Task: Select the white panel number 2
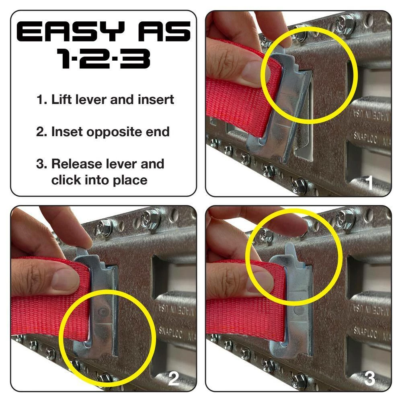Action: (x=173, y=378)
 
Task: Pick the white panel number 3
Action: (x=369, y=378)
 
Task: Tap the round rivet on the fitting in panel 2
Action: (x=103, y=312)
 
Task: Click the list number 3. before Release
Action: (x=40, y=164)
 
